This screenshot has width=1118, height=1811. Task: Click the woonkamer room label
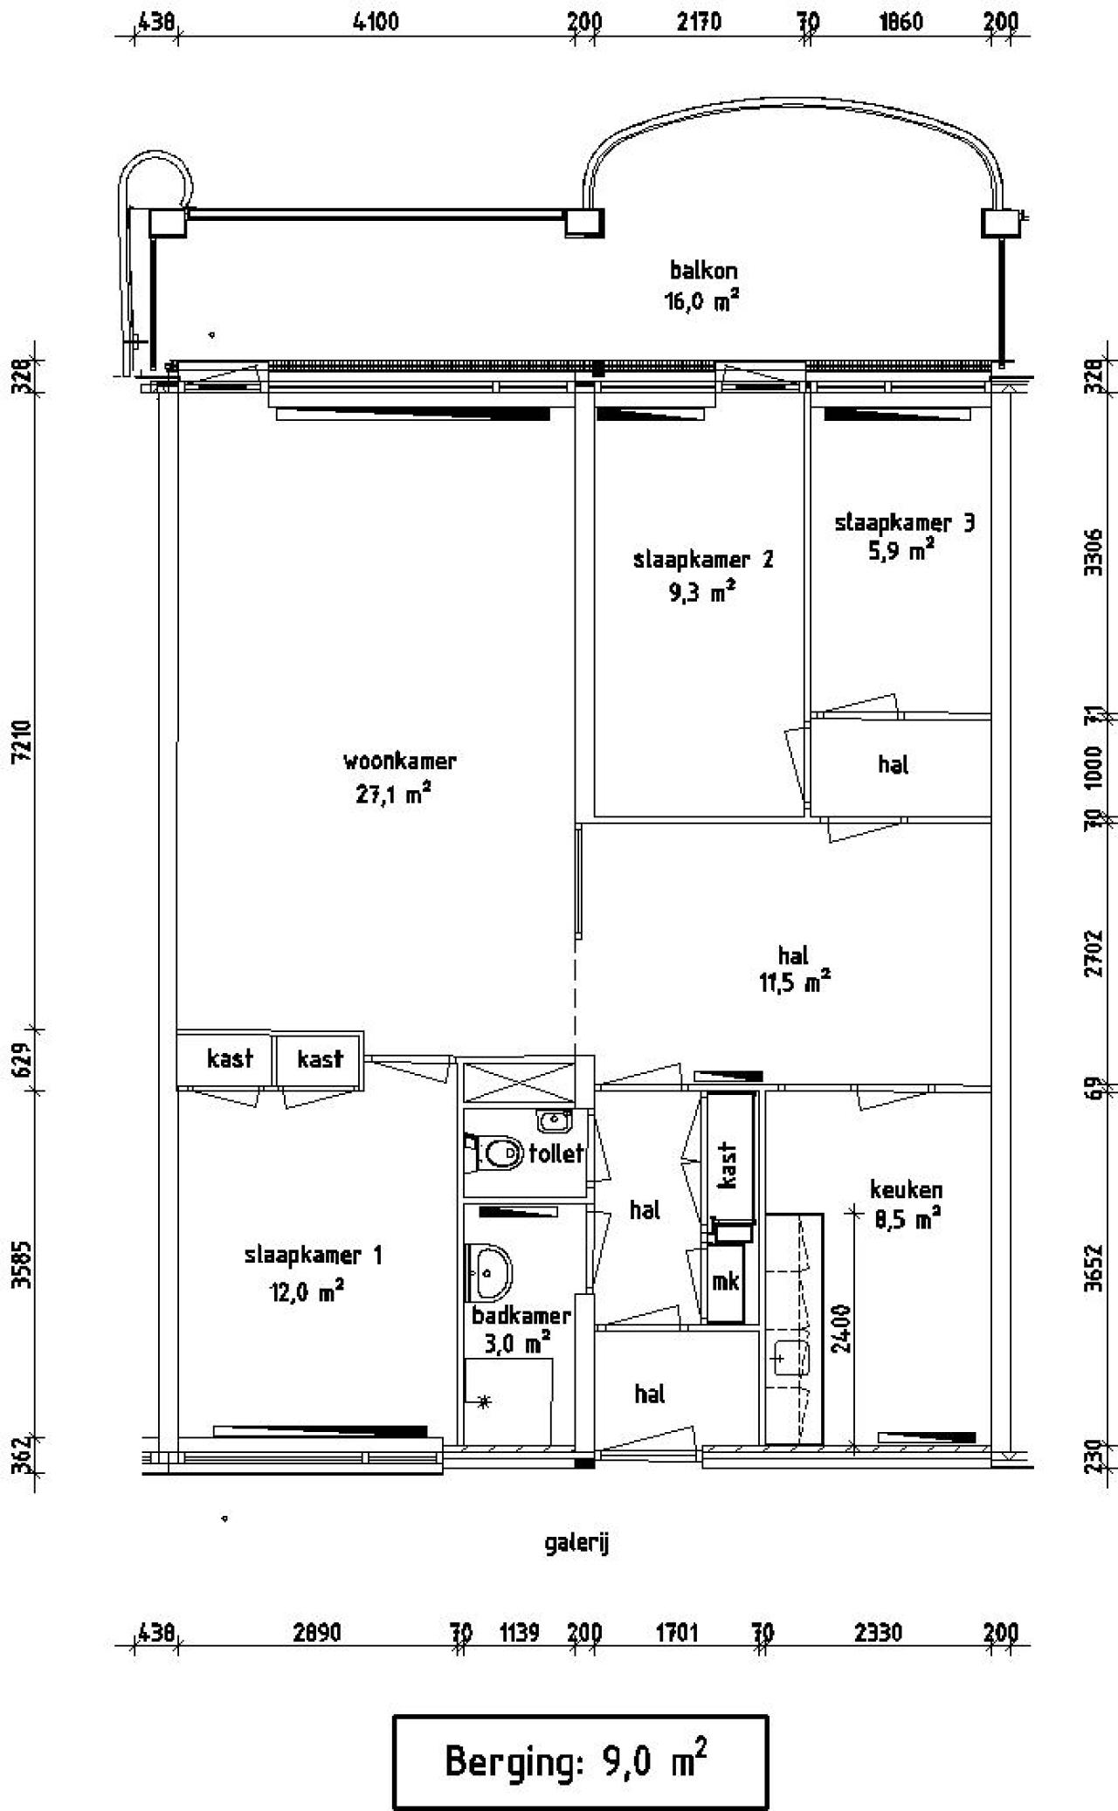pyautogui.click(x=399, y=761)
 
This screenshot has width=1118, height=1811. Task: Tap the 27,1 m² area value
pyautogui.click(x=394, y=795)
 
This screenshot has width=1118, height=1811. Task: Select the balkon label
pyautogui.click(x=703, y=270)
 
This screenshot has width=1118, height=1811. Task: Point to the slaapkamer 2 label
pyautogui.click(x=703, y=560)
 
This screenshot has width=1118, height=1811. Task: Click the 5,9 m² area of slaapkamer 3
pyautogui.click(x=901, y=552)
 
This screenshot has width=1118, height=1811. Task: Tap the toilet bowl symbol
pyautogui.click(x=500, y=1154)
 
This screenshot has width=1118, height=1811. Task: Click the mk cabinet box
pyautogui.click(x=725, y=1281)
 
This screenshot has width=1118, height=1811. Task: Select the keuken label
pyautogui.click(x=906, y=1189)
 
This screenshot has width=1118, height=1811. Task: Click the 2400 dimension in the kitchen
pyautogui.click(x=840, y=1328)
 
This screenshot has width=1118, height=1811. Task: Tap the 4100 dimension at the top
pyautogui.click(x=376, y=21)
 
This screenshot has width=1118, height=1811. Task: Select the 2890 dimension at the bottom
pyautogui.click(x=316, y=1633)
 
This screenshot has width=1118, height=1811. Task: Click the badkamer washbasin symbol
pyautogui.click(x=491, y=1272)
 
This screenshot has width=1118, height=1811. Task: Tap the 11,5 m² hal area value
pyautogui.click(x=794, y=983)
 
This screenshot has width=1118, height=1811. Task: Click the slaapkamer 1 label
pyautogui.click(x=313, y=1256)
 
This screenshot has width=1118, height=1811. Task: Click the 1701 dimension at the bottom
pyautogui.click(x=675, y=1633)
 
